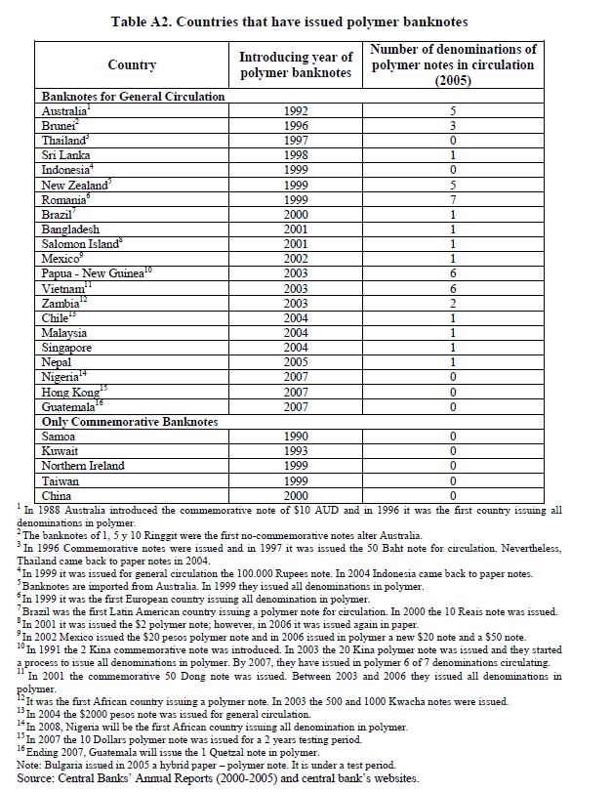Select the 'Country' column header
(x=132, y=64)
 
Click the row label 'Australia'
(x=63, y=111)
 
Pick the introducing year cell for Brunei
(x=294, y=126)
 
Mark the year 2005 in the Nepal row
(x=294, y=361)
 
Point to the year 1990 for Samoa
(x=294, y=436)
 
